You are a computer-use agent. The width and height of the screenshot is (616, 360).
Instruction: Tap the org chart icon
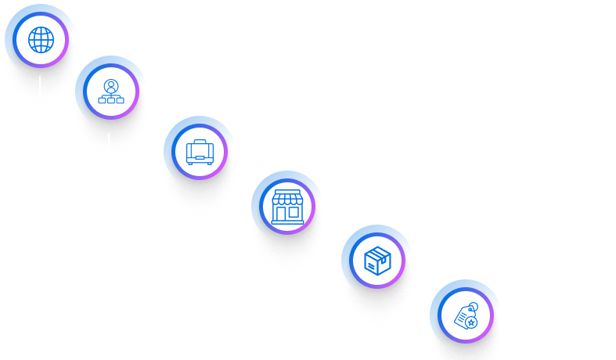(x=111, y=92)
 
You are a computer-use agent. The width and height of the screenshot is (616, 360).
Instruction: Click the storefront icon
(x=287, y=207)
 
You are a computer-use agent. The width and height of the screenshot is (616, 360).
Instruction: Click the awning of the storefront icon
(x=287, y=200)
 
